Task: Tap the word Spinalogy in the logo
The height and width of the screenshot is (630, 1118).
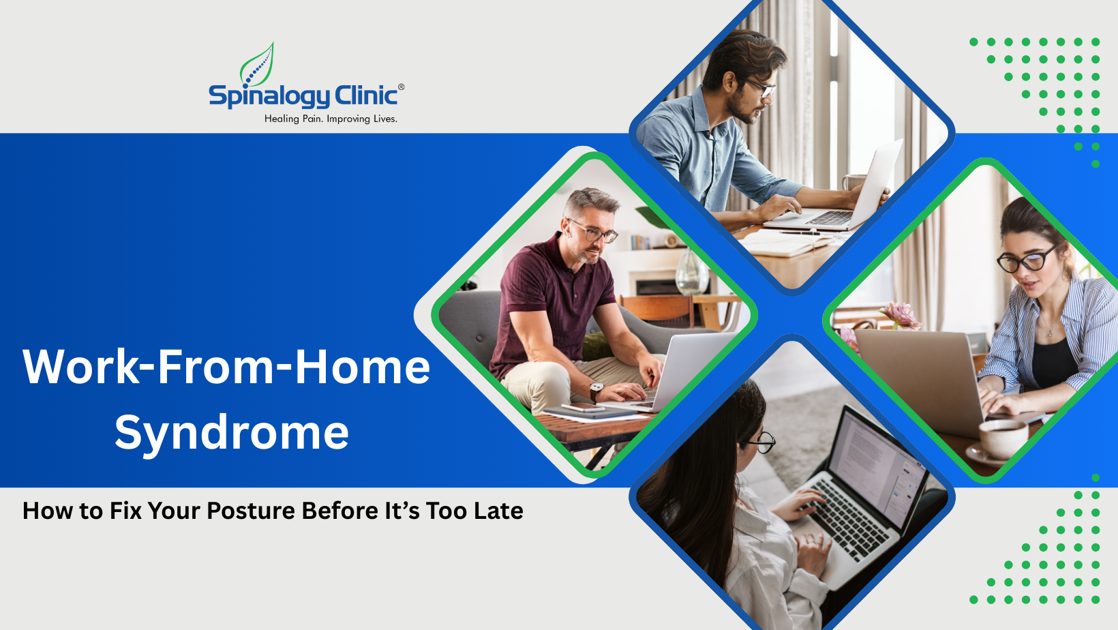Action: [x=269, y=96]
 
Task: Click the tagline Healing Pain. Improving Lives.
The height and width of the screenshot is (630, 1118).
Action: [x=331, y=119]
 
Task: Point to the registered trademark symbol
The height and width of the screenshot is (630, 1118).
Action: [x=401, y=87]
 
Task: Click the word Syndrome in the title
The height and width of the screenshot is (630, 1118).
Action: [x=232, y=432]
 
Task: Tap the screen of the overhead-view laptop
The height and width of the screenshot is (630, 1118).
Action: [x=879, y=464]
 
